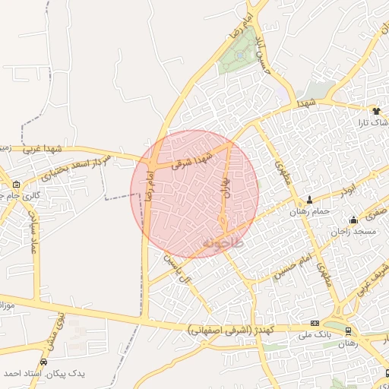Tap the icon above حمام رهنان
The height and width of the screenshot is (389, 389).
tap(308, 200)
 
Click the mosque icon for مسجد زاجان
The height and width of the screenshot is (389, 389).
tap(353, 220)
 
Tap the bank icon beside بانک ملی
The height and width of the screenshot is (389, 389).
tap(315, 322)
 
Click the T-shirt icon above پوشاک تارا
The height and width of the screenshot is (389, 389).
tap(375, 110)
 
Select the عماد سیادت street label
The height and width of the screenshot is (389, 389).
tap(33, 231)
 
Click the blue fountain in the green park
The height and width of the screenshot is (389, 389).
tap(241, 54)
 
